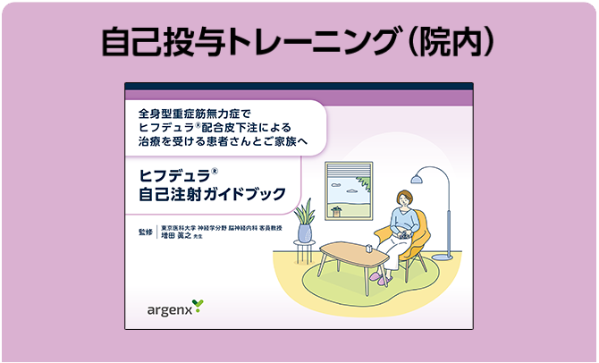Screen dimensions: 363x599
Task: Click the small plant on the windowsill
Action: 336,211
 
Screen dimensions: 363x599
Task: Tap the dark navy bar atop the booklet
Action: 298,87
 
